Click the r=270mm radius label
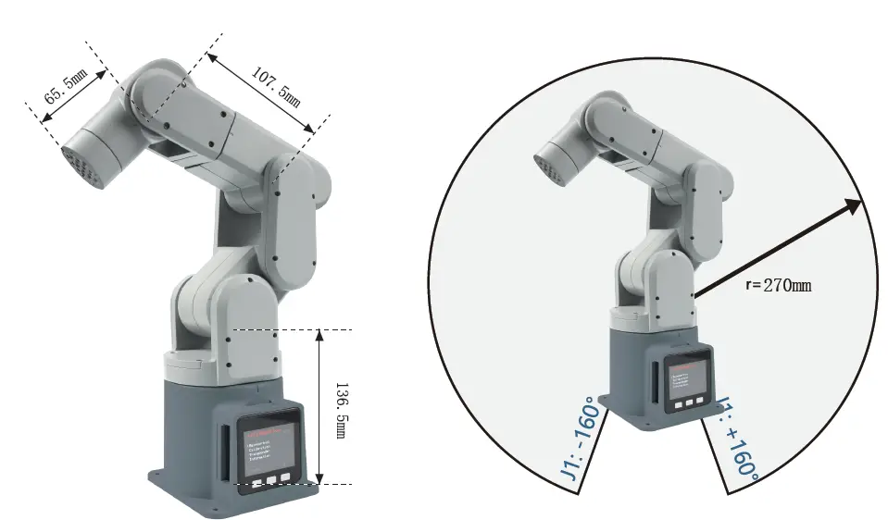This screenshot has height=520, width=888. [778, 285]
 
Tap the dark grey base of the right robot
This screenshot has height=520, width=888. [634, 370]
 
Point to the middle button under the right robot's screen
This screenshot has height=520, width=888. [691, 404]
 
